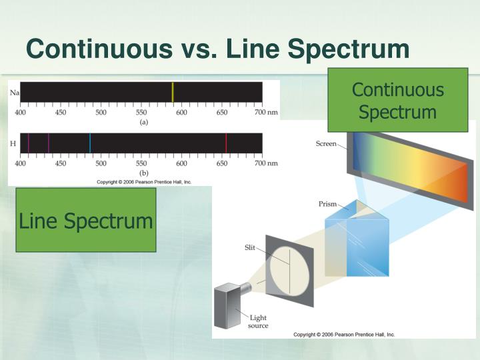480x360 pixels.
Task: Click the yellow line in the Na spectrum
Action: point(173,92)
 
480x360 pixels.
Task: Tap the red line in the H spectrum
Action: point(226,143)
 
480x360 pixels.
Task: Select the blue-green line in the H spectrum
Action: point(90,143)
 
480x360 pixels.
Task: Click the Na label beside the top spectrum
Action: point(14,92)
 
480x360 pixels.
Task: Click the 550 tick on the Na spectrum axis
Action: point(141,112)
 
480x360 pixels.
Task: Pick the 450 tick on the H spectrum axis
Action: point(61,163)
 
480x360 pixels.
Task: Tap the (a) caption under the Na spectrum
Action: point(143,122)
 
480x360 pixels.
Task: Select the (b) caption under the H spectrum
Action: point(143,173)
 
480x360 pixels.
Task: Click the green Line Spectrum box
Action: point(86,220)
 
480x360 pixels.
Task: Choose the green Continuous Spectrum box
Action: point(397,100)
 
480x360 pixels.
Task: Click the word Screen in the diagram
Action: point(326,144)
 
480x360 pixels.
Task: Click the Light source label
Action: point(259,321)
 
